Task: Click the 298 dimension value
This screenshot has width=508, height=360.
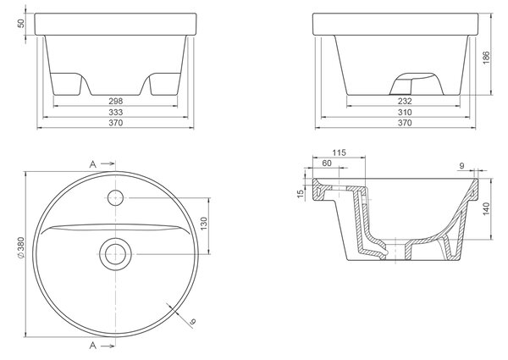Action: [116, 101]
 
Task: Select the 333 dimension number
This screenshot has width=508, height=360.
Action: [116, 112]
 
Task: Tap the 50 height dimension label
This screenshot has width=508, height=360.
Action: [20, 24]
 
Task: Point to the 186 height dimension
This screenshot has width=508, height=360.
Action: [486, 58]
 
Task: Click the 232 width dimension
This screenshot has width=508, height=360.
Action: [405, 101]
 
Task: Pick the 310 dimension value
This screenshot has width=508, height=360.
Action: [405, 112]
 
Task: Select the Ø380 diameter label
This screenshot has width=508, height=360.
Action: [20, 248]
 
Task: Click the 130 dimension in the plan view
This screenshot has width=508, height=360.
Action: [204, 224]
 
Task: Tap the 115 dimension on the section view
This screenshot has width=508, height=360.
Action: [339, 152]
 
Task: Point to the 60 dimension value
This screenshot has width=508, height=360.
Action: [327, 163]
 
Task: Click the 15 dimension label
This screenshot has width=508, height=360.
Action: [301, 193]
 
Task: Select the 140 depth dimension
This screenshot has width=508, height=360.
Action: [486, 209]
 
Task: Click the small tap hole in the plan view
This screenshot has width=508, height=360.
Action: [116, 197]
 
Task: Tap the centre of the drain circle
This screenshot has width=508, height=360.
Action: [116, 254]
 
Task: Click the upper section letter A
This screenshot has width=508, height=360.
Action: [93, 164]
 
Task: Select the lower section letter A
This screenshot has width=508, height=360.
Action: [93, 346]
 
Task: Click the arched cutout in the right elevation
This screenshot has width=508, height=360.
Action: [417, 84]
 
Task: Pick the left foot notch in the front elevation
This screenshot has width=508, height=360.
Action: [66, 84]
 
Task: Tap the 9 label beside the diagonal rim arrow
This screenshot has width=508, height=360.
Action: [193, 322]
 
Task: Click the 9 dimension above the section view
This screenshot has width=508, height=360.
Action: [461, 165]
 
